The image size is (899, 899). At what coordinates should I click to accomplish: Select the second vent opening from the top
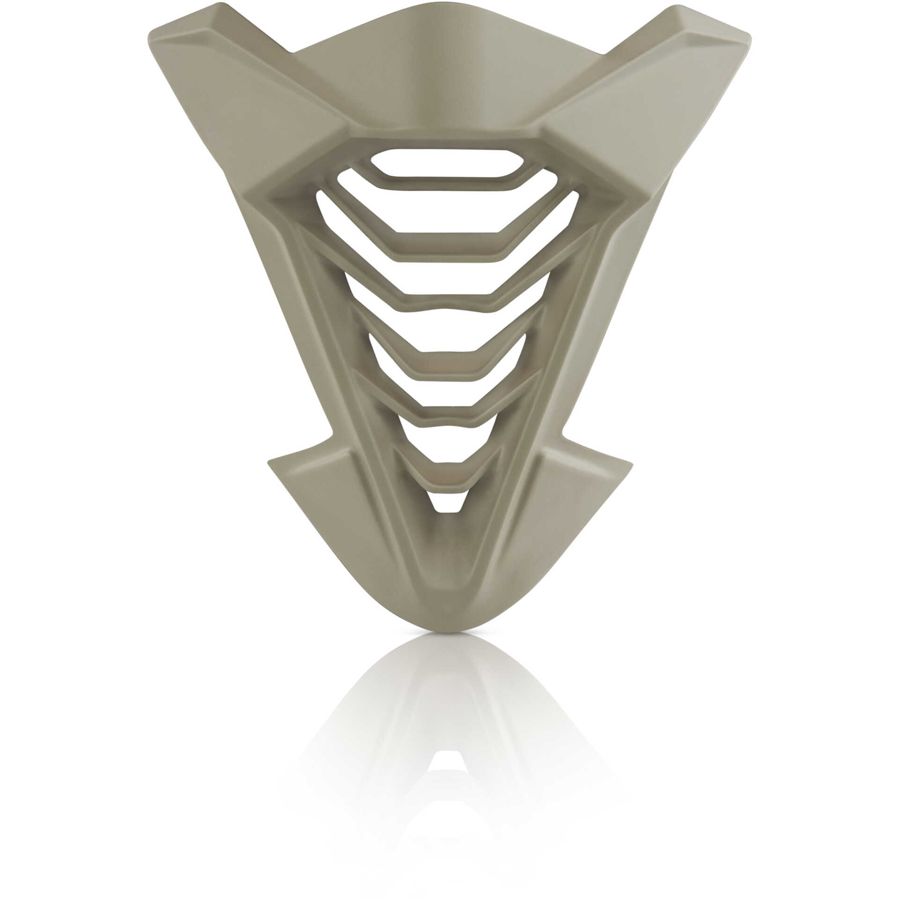(x=447, y=211)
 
